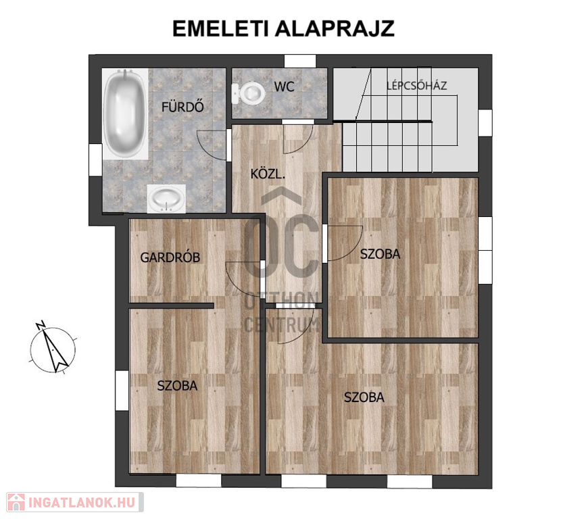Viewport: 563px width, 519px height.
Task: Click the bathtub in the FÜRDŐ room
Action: [x=124, y=114]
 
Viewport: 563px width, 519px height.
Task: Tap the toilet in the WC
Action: [x=249, y=93]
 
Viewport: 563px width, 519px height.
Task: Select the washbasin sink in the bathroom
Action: [x=166, y=199]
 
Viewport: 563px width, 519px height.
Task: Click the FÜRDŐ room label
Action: [x=182, y=107]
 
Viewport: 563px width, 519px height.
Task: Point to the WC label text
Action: [x=284, y=86]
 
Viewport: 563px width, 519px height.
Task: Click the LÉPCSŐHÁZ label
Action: [x=416, y=86]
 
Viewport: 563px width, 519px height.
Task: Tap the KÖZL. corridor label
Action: [x=268, y=174]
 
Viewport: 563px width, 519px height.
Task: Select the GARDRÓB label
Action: [x=170, y=257]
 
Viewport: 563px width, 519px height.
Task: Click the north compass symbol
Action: [x=53, y=349]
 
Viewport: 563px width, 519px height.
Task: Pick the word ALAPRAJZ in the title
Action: [x=337, y=28]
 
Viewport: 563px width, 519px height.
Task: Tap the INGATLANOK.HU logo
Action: [x=75, y=502]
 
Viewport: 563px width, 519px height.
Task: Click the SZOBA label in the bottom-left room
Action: [x=177, y=385]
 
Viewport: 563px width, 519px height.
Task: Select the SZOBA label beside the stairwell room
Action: [x=380, y=254]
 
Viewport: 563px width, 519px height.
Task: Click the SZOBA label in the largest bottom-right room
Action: [x=364, y=397]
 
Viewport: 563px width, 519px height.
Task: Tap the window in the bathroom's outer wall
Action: [x=95, y=159]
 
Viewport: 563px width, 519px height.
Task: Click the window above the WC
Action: [x=300, y=61]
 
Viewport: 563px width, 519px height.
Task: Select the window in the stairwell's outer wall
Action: [x=485, y=123]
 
